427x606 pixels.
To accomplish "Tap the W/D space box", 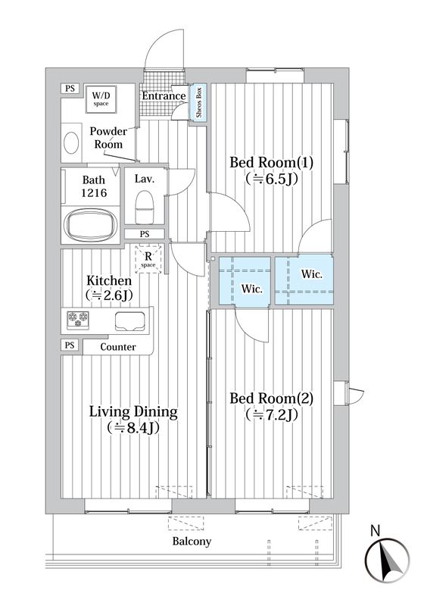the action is (x=101, y=99).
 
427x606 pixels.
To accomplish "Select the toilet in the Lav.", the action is (x=145, y=207).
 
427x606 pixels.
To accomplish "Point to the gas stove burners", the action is (x=78, y=320).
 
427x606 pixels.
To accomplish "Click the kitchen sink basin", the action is (x=130, y=320).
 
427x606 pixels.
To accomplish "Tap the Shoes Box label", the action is (x=199, y=102).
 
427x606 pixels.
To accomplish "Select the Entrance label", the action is (x=164, y=96).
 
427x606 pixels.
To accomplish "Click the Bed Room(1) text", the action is (x=271, y=162).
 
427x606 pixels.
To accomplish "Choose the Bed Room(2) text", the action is (x=271, y=398).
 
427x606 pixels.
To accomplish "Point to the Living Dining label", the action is (x=133, y=412).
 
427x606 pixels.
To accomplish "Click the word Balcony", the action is (x=192, y=541).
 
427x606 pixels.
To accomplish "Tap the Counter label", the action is (x=118, y=347).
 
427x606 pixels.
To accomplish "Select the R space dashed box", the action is (x=148, y=258).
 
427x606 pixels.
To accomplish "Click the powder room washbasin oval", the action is (x=71, y=143).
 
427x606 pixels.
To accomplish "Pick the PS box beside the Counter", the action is (x=70, y=345).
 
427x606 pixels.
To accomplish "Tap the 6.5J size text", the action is (x=271, y=179).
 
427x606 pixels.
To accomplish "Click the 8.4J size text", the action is (x=133, y=428).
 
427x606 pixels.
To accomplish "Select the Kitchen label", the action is (x=109, y=280).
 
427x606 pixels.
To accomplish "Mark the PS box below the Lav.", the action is (x=145, y=234).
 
